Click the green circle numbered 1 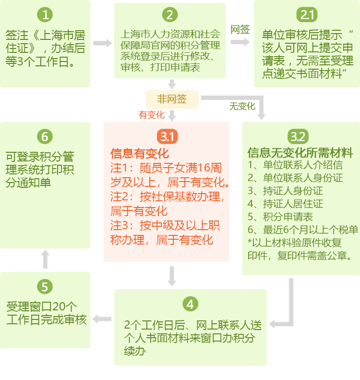(x=45, y=14)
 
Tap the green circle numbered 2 (x=170, y=14)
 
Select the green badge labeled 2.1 (x=307, y=14)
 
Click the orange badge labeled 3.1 (x=168, y=136)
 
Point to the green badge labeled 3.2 (x=298, y=136)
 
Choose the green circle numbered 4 (x=190, y=304)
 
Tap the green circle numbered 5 (x=45, y=286)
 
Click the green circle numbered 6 (x=45, y=136)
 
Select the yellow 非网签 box (x=172, y=99)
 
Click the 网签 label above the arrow (x=240, y=30)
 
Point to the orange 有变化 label (x=152, y=115)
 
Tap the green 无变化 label (x=242, y=106)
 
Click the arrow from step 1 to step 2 (x=102, y=43)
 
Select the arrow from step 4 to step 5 (x=102, y=319)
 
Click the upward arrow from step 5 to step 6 (x=45, y=259)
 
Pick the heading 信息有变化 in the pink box (x=140, y=153)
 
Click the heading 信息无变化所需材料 (x=300, y=153)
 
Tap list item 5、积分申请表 (x=280, y=217)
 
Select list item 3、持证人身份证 (x=285, y=191)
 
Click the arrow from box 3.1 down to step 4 (x=172, y=276)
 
